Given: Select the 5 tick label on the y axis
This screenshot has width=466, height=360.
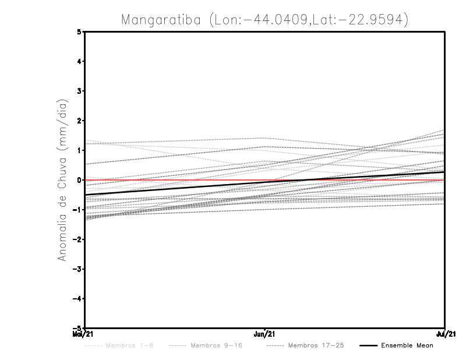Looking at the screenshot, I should pos(79,31).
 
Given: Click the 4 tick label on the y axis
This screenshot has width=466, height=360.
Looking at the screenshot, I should pos(79,61).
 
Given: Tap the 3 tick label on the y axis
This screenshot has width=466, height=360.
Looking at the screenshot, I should pos(79,91).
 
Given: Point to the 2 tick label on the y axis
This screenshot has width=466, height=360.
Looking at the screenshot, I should pos(79,121).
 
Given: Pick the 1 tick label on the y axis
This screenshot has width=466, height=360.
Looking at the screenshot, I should pos(79,150).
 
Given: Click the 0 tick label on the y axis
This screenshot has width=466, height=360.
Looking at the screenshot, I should pos(79,180).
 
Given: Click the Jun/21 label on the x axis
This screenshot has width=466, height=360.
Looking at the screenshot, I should pos(265,334).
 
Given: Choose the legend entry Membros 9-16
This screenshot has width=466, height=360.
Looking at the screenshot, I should pos(216,345).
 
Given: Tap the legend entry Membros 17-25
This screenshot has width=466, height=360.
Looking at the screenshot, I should pos(316,345).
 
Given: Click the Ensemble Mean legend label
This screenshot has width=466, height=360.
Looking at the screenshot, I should pos(407,345).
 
